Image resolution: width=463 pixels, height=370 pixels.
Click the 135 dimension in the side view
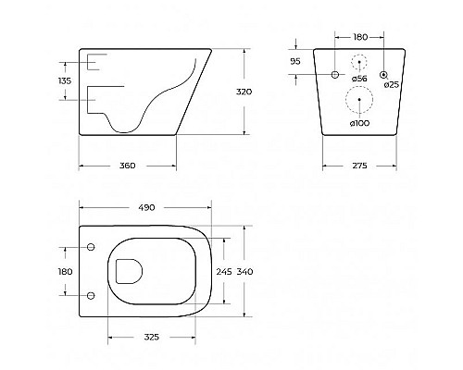point(65,81)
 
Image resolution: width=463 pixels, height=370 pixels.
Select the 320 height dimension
point(244,92)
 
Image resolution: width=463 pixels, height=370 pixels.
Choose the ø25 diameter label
point(392,84)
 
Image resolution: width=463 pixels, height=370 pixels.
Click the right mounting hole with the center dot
point(382,73)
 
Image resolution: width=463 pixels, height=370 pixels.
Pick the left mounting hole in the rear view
point(332,73)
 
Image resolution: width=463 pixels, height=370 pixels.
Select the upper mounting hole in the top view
point(91,247)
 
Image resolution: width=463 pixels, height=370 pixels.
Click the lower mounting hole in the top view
point(91,296)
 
